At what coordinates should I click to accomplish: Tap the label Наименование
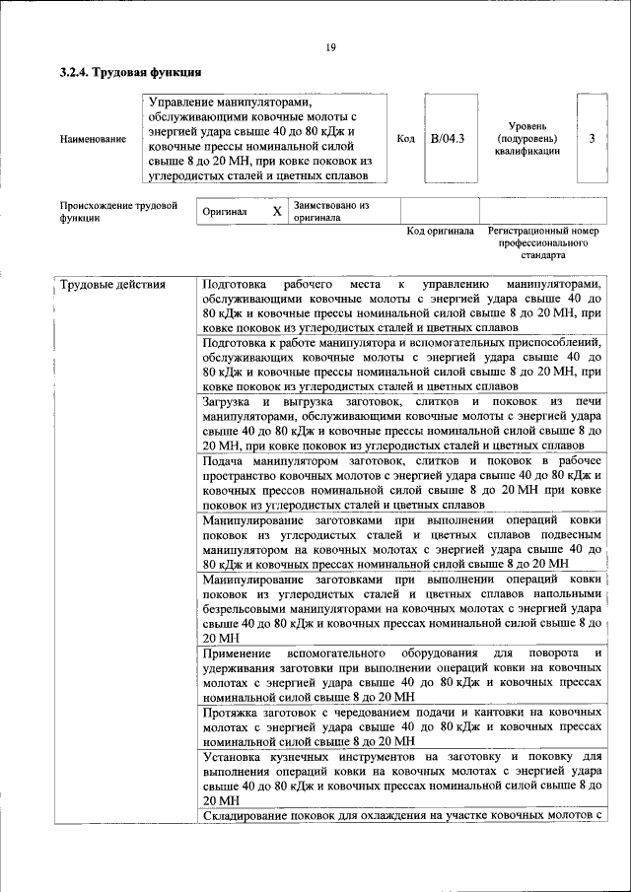tap(93, 140)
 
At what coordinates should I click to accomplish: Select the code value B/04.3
tap(449, 139)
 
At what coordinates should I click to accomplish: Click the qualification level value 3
tap(592, 139)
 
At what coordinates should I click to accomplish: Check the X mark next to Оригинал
tap(277, 212)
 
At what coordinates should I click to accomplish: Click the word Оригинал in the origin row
tap(224, 212)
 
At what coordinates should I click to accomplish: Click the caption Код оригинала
tap(440, 231)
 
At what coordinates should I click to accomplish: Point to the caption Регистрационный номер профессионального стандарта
tap(542, 241)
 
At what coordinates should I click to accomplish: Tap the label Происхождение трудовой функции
tap(117, 212)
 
